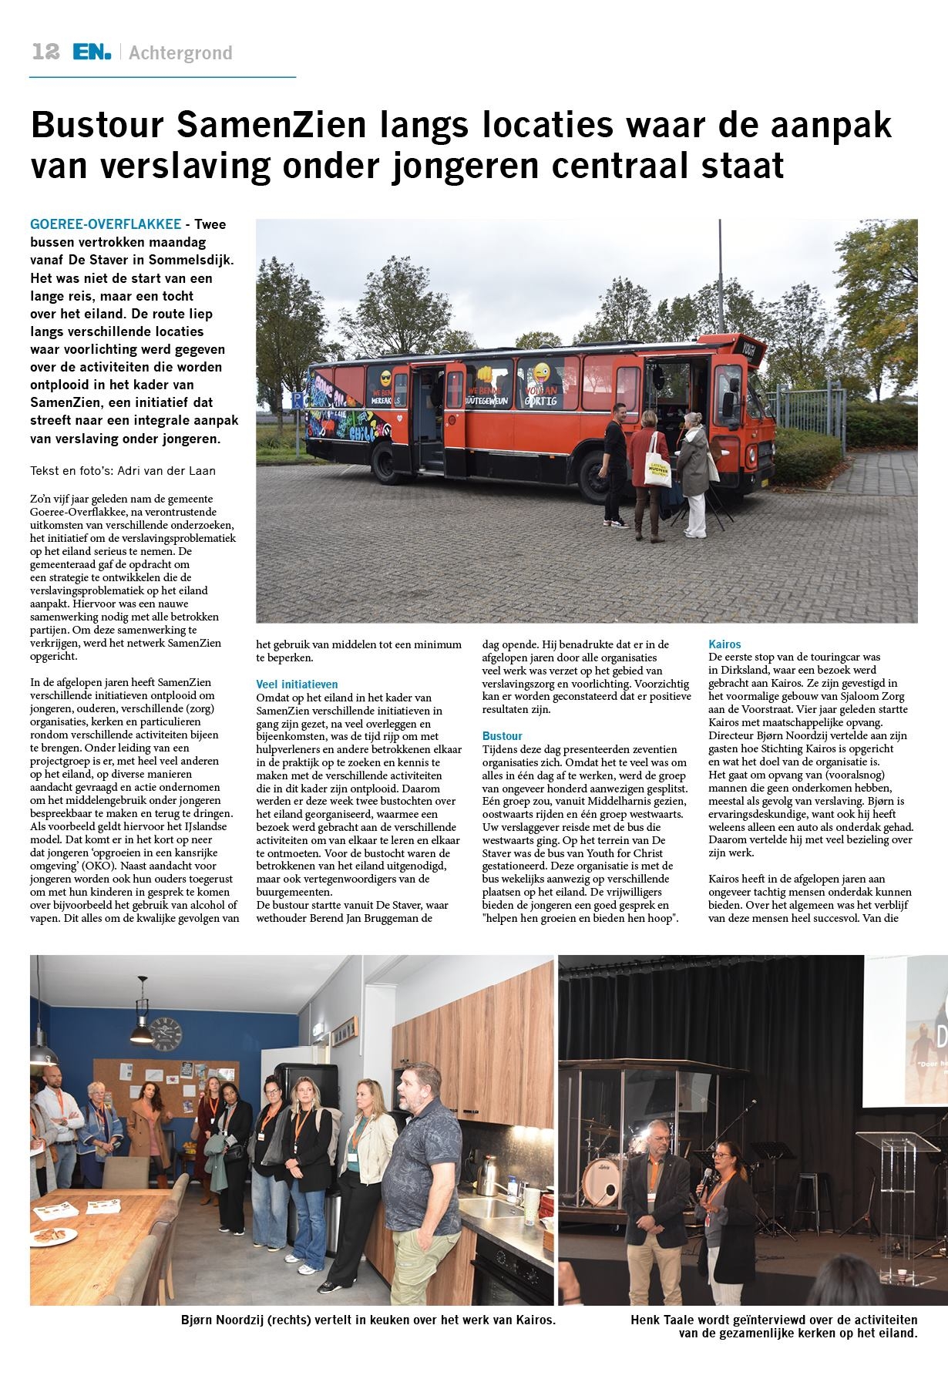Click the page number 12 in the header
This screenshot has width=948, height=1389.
tap(45, 52)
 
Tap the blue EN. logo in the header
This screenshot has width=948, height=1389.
tap(92, 52)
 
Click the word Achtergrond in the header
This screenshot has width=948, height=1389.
tap(180, 53)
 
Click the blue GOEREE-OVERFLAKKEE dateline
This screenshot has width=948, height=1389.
tap(106, 224)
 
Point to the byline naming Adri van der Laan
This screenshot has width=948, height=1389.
tap(123, 470)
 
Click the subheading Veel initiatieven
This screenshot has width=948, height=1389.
tap(297, 684)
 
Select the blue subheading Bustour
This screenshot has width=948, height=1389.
tap(502, 736)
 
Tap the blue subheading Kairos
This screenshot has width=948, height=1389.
tap(724, 644)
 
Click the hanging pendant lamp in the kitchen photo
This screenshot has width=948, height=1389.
tap(142, 1024)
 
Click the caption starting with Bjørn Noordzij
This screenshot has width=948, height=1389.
tap(368, 1320)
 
